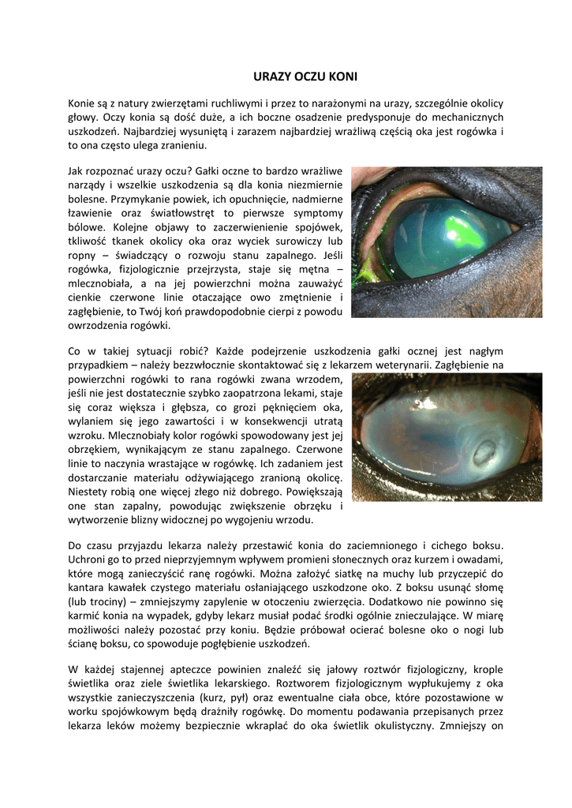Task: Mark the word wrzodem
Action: point(319,379)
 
